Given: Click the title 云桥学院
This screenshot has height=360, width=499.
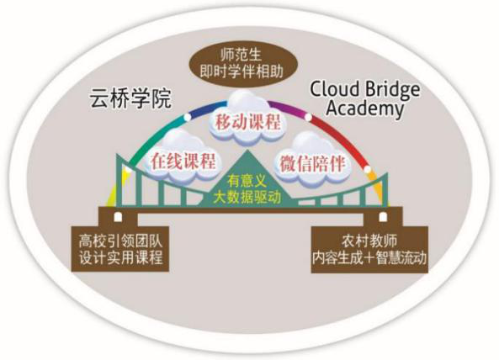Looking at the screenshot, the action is (x=130, y=99).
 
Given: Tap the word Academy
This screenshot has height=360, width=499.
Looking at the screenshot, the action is (x=364, y=109).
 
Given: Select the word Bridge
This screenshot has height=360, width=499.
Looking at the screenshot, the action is (x=392, y=90).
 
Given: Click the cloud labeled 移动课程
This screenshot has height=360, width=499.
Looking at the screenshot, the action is (x=247, y=119).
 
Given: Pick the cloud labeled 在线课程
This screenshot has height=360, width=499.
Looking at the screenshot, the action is (x=182, y=158).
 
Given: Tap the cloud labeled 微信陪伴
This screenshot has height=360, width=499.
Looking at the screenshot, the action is (x=312, y=161).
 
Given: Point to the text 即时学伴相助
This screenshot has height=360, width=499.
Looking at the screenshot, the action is (x=242, y=71).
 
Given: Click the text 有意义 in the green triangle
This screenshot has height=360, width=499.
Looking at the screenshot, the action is (x=247, y=182).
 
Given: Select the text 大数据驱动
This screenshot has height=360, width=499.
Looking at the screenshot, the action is (x=247, y=197).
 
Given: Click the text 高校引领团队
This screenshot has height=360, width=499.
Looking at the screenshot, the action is (x=120, y=241).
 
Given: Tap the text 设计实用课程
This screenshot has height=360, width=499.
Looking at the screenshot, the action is (x=121, y=257).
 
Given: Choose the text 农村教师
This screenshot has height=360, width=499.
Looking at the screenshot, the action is (x=369, y=241).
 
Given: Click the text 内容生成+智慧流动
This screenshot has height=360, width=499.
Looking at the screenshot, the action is (x=369, y=257).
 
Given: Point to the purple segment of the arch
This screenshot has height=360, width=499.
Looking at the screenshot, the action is (x=289, y=109).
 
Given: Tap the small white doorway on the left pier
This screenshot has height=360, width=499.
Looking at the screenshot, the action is (x=118, y=216).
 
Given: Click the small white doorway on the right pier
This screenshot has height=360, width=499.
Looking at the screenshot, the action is (x=382, y=216).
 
